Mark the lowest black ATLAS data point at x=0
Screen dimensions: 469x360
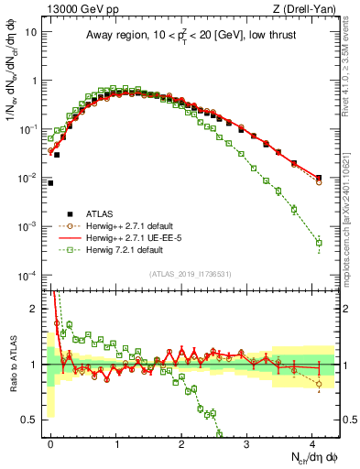coord(51,183)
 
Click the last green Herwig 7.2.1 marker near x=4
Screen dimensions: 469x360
coord(319,243)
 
